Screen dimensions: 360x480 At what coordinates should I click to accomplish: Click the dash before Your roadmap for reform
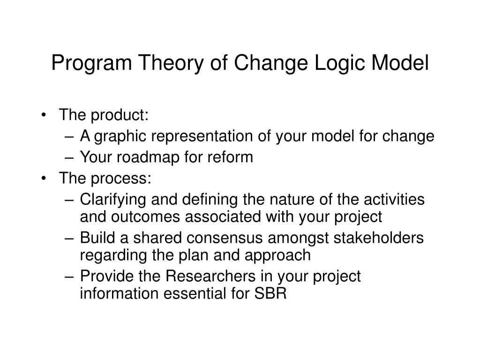coord(69,157)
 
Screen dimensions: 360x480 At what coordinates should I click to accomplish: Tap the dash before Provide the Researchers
coord(69,276)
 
